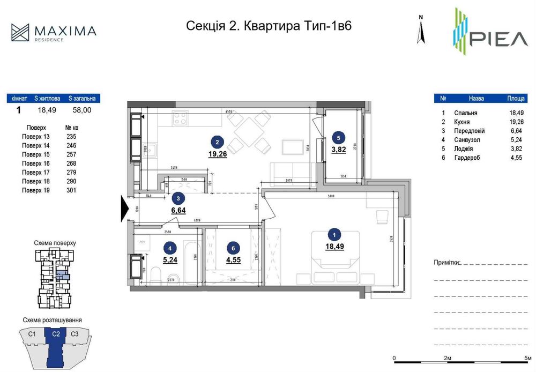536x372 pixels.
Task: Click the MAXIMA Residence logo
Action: (54, 32)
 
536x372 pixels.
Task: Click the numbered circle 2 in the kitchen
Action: (217, 142)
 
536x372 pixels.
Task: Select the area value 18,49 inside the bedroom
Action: (334, 246)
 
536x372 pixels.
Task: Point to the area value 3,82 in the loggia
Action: (338, 150)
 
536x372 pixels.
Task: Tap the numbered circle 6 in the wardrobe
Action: (233, 248)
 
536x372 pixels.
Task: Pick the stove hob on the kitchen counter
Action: (180, 118)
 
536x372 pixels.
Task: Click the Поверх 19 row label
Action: (35, 190)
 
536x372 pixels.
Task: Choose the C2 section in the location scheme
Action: (55, 334)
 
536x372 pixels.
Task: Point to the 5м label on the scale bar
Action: (527, 358)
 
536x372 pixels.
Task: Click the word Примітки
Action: (447, 263)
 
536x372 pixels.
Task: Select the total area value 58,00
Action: (82, 110)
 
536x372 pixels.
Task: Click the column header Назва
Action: (476, 99)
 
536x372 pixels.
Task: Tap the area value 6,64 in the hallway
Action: (178, 210)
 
